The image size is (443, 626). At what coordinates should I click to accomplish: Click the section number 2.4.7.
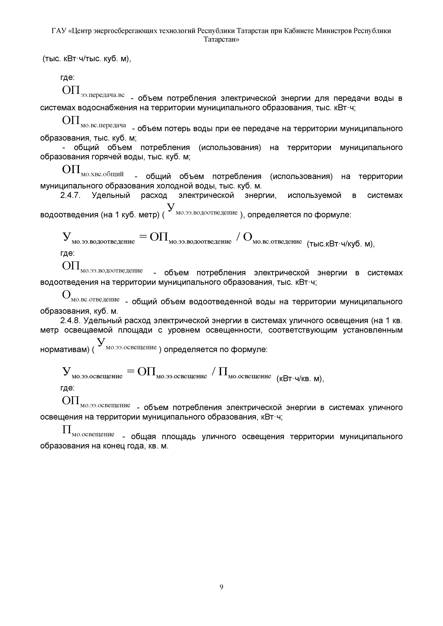pos(70,195)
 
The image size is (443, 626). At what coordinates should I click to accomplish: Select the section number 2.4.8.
pos(70,321)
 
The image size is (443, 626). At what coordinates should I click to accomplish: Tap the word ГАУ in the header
pos(59,31)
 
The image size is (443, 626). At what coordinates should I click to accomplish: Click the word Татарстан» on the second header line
pos(221,40)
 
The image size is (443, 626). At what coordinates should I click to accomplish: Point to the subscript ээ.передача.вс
pos(102,95)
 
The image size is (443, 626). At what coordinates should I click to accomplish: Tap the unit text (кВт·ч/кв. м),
pos(300,379)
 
